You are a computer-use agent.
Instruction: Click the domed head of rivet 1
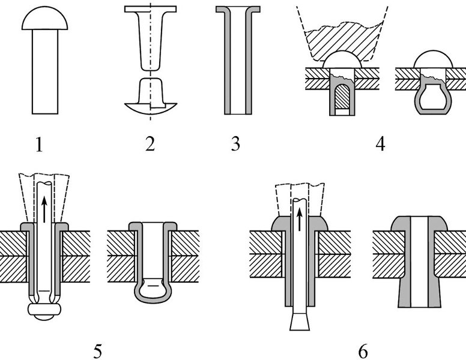point(44,20)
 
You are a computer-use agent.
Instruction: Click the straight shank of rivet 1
point(44,72)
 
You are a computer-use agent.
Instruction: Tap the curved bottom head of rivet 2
point(150,109)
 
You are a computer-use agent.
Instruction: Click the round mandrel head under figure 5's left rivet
point(45,311)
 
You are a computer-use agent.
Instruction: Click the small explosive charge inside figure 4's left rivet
point(342,96)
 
